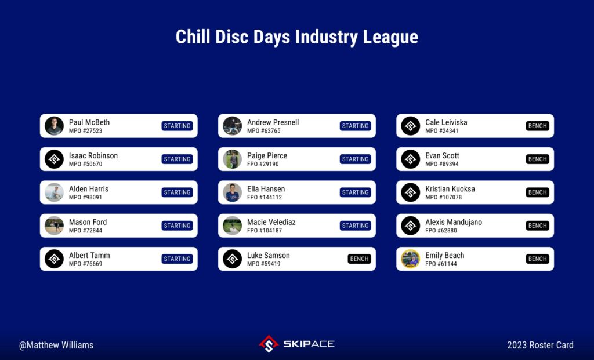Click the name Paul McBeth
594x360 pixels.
click(x=89, y=122)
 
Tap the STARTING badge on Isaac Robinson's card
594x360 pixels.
click(x=178, y=159)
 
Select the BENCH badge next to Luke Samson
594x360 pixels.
click(x=359, y=259)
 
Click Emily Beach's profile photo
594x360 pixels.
click(x=411, y=259)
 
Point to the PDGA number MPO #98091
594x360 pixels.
click(x=85, y=197)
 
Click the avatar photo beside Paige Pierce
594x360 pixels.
click(x=232, y=159)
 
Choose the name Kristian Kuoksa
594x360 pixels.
click(x=450, y=188)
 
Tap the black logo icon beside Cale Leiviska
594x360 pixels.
click(x=411, y=126)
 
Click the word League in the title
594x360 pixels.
click(x=390, y=37)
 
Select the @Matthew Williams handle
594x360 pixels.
click(x=56, y=346)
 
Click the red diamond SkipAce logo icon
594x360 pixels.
click(x=269, y=344)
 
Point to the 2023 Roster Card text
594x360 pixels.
click(x=540, y=346)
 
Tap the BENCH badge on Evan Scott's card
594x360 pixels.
click(x=538, y=159)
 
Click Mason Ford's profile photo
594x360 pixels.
click(x=54, y=226)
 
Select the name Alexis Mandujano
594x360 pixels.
click(x=454, y=222)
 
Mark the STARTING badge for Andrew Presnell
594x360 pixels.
click(x=356, y=126)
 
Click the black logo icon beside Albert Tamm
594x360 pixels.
click(x=54, y=259)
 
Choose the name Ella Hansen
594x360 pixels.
click(x=266, y=188)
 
